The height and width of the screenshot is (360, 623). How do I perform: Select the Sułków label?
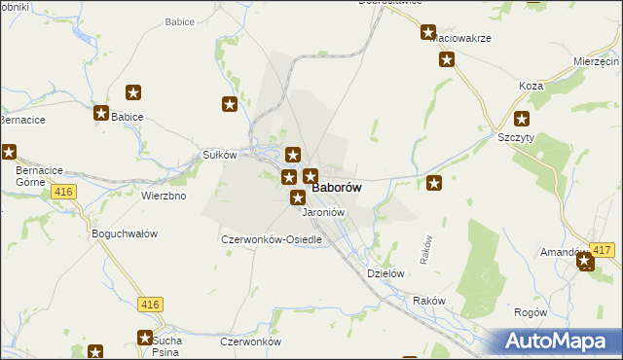(x=219, y=155)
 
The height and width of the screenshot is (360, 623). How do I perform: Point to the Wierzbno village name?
(x=164, y=195)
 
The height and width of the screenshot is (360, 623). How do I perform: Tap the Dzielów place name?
(x=385, y=273)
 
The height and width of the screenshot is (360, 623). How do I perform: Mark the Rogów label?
(x=530, y=312)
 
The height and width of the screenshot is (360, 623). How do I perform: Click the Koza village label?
(x=531, y=86)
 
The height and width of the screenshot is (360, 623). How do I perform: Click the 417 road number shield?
(x=602, y=251)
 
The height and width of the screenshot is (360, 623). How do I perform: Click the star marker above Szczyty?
(x=522, y=121)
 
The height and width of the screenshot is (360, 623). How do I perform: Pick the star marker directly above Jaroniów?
(x=298, y=198)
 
